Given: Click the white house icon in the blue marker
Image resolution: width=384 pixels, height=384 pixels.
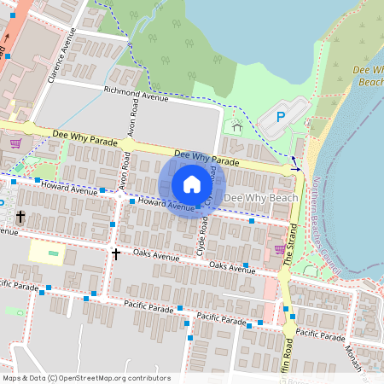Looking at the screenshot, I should coord(192,184).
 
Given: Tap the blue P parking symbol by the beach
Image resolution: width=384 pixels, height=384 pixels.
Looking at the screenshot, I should coord(282,117).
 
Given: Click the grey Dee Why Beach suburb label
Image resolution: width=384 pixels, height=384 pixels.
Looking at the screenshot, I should coord(260,198).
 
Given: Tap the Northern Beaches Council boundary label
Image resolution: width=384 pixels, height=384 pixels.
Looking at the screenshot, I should coord(324,222).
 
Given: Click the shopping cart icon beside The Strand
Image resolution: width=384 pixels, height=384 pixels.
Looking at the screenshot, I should coord(279,249).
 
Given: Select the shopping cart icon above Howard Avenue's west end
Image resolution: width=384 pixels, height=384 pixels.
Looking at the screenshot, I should coord(15,143).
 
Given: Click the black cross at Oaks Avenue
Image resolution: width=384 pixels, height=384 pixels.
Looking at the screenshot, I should coord(115,253).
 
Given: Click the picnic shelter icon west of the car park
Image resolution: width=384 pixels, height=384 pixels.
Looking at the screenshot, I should coord(236,127).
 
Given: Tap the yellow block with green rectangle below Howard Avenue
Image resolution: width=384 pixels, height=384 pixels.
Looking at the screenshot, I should coord(47,252).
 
